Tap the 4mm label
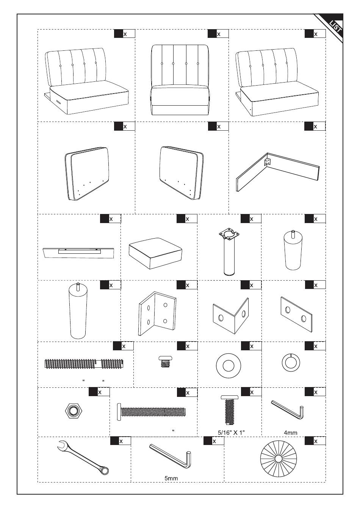click(x=290, y=432)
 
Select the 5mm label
click(x=171, y=478)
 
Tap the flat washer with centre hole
click(x=228, y=366)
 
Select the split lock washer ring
click(x=291, y=363)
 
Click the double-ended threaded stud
click(x=84, y=364)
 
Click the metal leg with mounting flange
click(x=229, y=252)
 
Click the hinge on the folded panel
click(x=268, y=162)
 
